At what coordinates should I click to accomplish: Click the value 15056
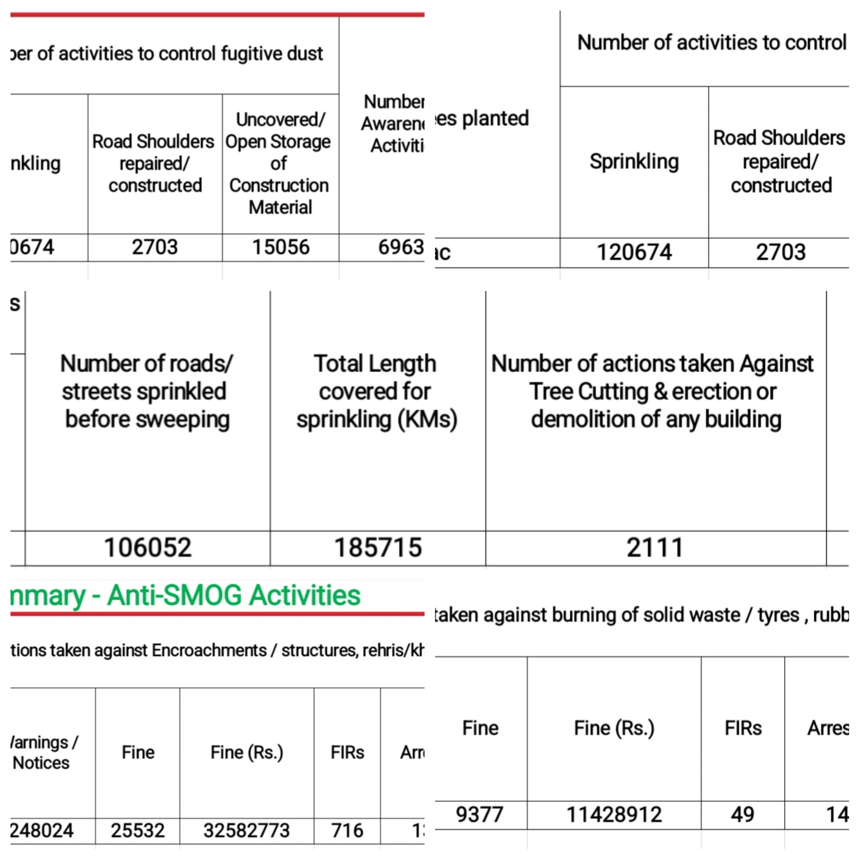[x=281, y=247]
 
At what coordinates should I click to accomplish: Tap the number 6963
[x=400, y=247]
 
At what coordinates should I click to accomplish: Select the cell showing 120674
[x=634, y=252]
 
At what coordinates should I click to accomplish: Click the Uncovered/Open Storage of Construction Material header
[x=280, y=163]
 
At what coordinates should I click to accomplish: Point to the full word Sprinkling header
[x=634, y=161]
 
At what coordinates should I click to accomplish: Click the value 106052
[x=148, y=547]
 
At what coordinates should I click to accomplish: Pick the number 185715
[x=378, y=547]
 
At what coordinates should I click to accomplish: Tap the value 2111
[x=655, y=547]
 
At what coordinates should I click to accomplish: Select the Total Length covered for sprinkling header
[x=377, y=391]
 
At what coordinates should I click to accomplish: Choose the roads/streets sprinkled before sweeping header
[x=147, y=391]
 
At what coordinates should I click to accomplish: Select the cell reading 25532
[x=138, y=830]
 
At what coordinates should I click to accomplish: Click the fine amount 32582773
[x=246, y=830]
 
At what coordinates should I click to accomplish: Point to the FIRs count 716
[x=347, y=830]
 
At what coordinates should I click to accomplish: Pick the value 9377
[x=480, y=814]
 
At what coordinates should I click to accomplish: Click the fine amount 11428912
[x=614, y=814]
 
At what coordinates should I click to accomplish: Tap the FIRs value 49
[x=742, y=814]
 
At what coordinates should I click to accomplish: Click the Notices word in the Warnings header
[x=41, y=763]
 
